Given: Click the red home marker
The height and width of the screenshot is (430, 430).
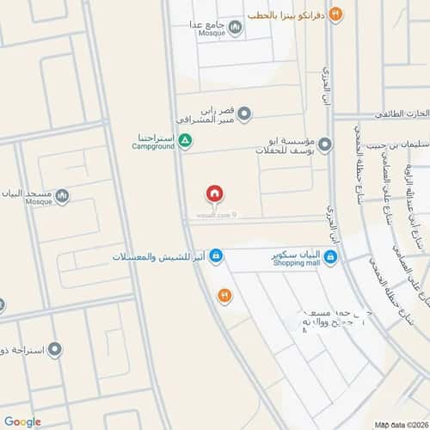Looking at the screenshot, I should click(x=214, y=193).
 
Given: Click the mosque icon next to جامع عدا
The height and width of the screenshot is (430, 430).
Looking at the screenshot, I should click(x=236, y=28).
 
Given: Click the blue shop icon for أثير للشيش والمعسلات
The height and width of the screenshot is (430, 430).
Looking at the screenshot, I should click(x=217, y=256).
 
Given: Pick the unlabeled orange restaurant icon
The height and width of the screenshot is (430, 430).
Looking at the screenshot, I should click(x=224, y=295).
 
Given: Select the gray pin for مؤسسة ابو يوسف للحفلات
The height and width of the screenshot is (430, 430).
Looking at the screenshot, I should click(x=324, y=145).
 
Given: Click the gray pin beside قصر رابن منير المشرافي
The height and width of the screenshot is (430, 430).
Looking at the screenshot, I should click(x=244, y=113).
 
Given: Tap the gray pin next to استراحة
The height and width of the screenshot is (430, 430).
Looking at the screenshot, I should click(x=55, y=350).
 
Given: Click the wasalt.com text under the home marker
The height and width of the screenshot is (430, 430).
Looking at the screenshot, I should click(x=211, y=215).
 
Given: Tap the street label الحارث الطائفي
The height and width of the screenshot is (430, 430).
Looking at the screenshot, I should click(x=400, y=114).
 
